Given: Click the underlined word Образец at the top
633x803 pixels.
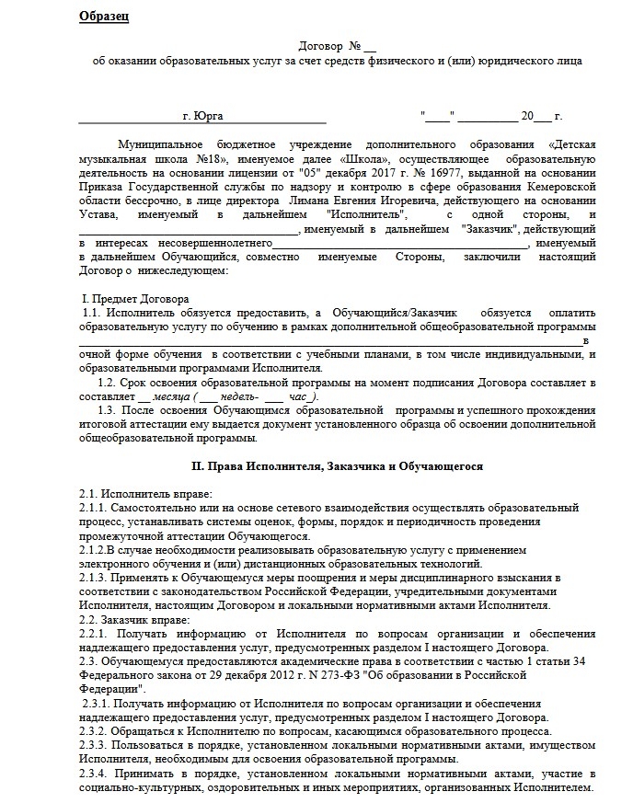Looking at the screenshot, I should tap(104, 17).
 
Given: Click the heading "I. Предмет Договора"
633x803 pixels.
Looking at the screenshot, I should tap(136, 299).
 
